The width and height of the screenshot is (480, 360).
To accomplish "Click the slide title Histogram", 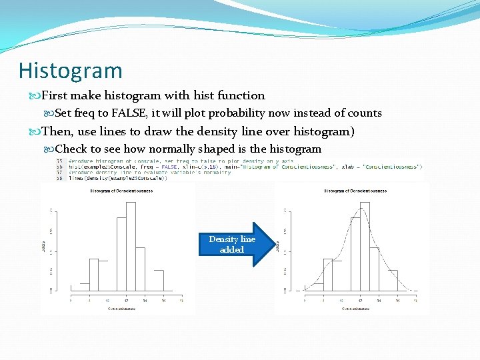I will tap(71, 71).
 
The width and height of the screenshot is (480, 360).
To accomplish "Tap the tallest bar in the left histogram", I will tap(131, 246).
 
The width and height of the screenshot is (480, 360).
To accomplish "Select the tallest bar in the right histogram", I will tap(364, 246).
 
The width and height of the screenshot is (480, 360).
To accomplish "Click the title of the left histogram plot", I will tap(121, 191).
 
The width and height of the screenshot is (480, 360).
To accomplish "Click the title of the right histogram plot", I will tap(355, 191).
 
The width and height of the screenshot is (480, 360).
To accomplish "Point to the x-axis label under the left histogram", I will tap(121, 309).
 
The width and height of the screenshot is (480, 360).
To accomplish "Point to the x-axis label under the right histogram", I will tap(355, 309).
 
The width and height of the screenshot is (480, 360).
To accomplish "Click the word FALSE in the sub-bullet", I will tap(131, 113).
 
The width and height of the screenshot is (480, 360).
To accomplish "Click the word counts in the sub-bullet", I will tap(364, 113).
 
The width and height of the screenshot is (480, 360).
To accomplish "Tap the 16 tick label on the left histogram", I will tap(163, 301).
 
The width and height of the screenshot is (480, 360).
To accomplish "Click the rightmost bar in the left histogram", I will tap(159, 281).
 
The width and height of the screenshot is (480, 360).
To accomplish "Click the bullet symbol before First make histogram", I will tap(38, 96).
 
